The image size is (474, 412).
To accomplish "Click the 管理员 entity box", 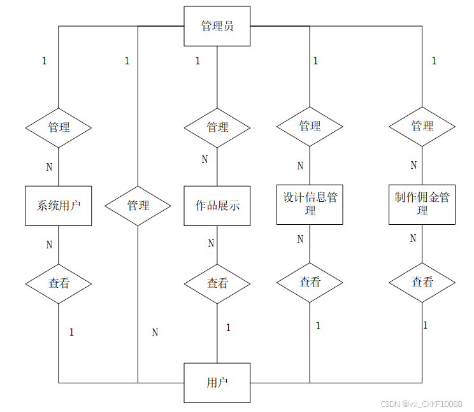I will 217,26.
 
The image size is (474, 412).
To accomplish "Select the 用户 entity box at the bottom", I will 217,383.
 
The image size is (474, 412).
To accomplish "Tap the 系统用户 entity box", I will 59,206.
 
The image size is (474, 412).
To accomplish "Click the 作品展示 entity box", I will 217,206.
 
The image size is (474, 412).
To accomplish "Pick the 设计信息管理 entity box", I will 310,204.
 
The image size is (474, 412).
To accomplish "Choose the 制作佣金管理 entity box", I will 422,204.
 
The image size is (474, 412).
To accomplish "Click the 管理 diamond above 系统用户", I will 59,127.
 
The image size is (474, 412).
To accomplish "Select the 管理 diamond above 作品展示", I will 217,127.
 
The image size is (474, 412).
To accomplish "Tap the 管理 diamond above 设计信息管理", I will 310,126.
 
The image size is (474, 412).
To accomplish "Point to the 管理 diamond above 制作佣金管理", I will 422,126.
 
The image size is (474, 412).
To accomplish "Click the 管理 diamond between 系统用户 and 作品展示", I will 138,206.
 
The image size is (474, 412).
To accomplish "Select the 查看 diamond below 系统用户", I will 59,283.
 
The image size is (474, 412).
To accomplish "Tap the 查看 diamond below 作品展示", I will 217,283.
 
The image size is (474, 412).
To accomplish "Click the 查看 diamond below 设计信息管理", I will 310,282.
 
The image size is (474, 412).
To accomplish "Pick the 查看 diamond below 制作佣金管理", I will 422,282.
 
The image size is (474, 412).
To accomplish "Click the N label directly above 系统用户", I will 49,167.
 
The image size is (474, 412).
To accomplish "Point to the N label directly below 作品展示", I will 211,243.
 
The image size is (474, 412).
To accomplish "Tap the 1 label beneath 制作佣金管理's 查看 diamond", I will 425,325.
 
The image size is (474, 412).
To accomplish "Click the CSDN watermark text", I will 421,404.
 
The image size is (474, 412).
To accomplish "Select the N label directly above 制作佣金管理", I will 413,166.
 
